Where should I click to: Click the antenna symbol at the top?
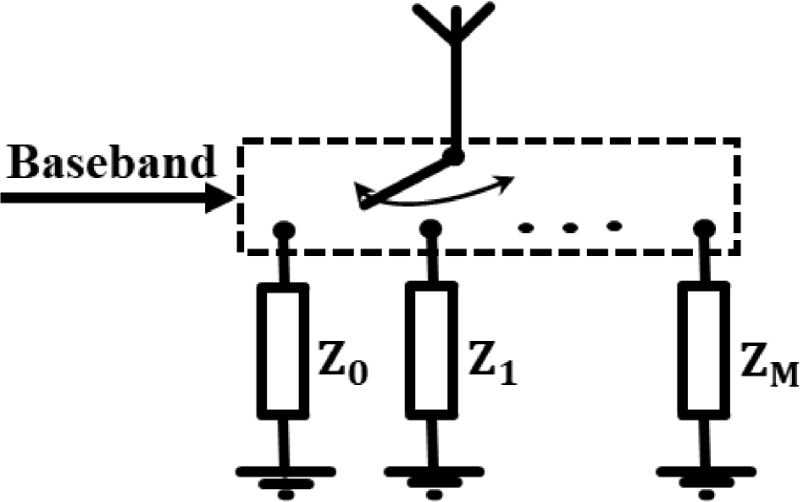[456, 25]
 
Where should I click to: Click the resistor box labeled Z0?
[282, 352]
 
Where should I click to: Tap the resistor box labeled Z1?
[431, 352]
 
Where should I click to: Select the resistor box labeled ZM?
[704, 352]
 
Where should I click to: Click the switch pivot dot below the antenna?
[456, 157]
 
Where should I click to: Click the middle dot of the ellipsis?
[569, 226]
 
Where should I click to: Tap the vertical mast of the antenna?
[456, 93]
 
